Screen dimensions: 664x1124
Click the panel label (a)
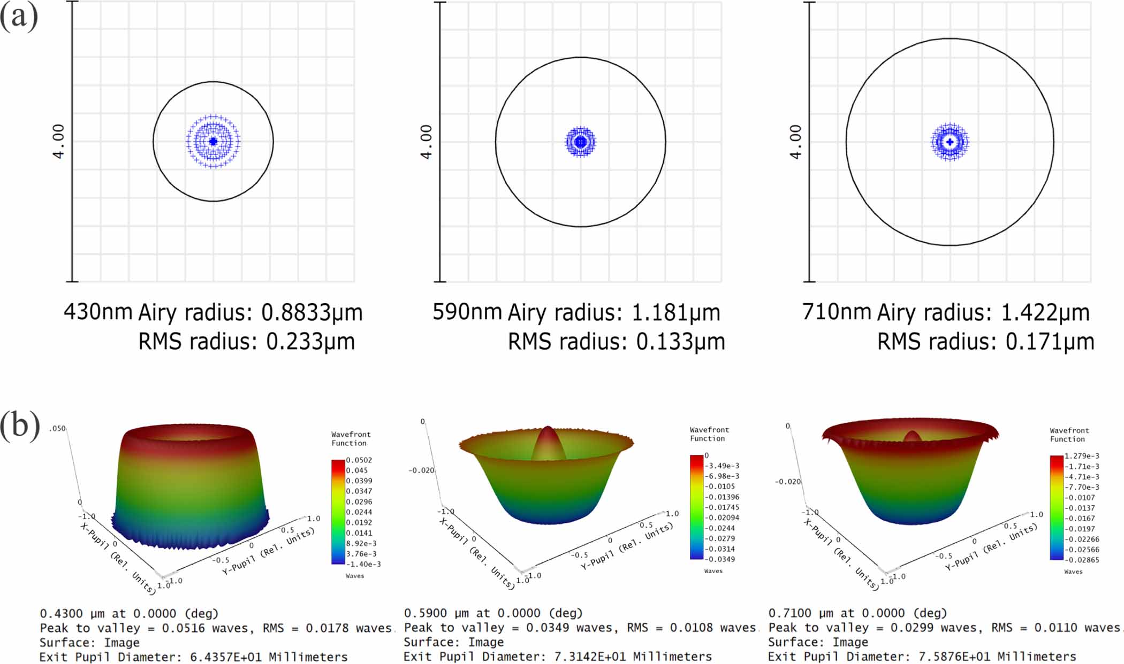pyautogui.click(x=19, y=17)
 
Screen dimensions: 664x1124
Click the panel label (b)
pyautogui.click(x=19, y=426)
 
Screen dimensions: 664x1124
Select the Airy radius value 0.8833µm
pyautogui.click(x=312, y=312)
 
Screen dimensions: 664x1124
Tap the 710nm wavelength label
pyautogui.click(x=836, y=311)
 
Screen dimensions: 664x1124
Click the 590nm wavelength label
pyautogui.click(x=467, y=311)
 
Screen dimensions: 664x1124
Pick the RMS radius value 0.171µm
pyautogui.click(x=1050, y=342)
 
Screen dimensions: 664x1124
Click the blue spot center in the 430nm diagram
pyautogui.click(x=213, y=142)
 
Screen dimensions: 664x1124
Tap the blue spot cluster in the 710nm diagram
pyautogui.click(x=950, y=142)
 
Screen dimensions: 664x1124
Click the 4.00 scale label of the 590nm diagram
pyautogui.click(x=426, y=142)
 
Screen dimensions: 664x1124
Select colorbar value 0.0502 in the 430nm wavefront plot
pyautogui.click(x=359, y=460)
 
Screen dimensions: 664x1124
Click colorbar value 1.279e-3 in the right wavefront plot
pyautogui.click(x=1082, y=456)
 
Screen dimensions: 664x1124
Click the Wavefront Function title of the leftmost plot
pyautogui.click(x=351, y=439)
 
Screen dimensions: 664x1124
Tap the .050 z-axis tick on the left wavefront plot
pyautogui.click(x=57, y=429)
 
